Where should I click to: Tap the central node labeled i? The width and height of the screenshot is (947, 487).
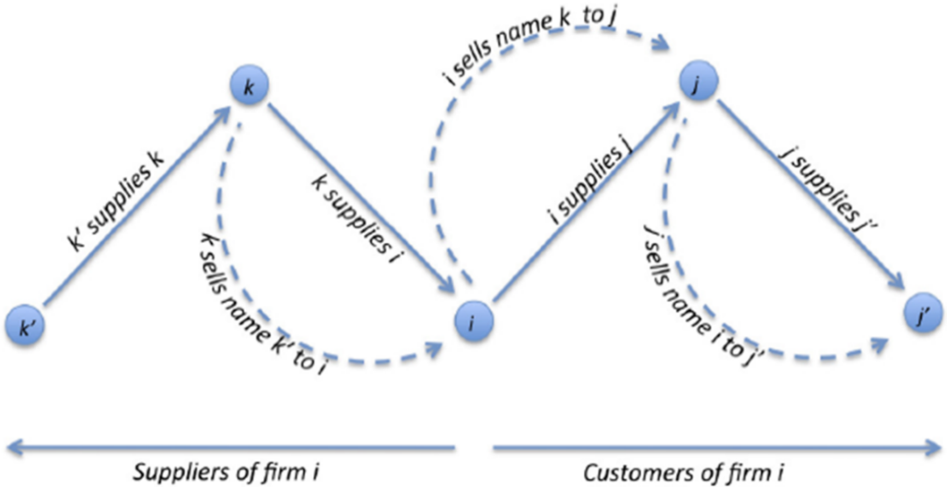[x=474, y=323]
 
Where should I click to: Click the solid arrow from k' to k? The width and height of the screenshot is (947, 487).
[x=132, y=215]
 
